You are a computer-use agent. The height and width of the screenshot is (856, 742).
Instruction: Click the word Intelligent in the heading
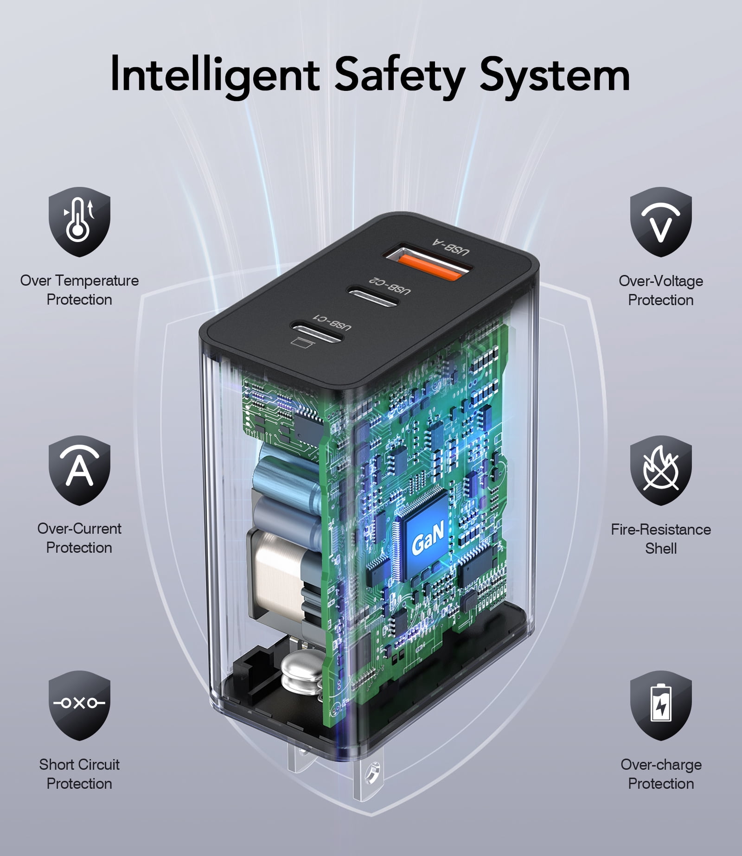215,75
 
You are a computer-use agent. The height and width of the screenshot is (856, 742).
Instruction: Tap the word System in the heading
555,75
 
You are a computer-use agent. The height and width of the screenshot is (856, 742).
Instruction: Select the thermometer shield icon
79,222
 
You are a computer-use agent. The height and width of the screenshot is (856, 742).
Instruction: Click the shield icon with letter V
661,222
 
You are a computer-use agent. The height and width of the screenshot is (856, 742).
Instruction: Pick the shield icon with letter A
79,470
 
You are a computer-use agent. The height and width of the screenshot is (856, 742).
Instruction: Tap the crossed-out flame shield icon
661,470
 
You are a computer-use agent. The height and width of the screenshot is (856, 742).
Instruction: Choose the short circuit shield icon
79,705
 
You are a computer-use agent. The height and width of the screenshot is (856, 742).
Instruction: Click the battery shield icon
661,705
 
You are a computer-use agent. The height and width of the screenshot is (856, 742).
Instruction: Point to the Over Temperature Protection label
79,290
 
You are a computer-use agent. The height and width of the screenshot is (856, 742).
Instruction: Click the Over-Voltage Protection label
661,290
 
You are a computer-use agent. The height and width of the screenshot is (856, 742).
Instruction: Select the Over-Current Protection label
79,538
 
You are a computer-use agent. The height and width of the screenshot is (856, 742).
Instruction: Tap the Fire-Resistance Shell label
661,539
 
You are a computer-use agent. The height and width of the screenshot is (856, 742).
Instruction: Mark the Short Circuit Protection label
79,774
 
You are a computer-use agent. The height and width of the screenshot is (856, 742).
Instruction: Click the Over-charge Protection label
661,774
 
